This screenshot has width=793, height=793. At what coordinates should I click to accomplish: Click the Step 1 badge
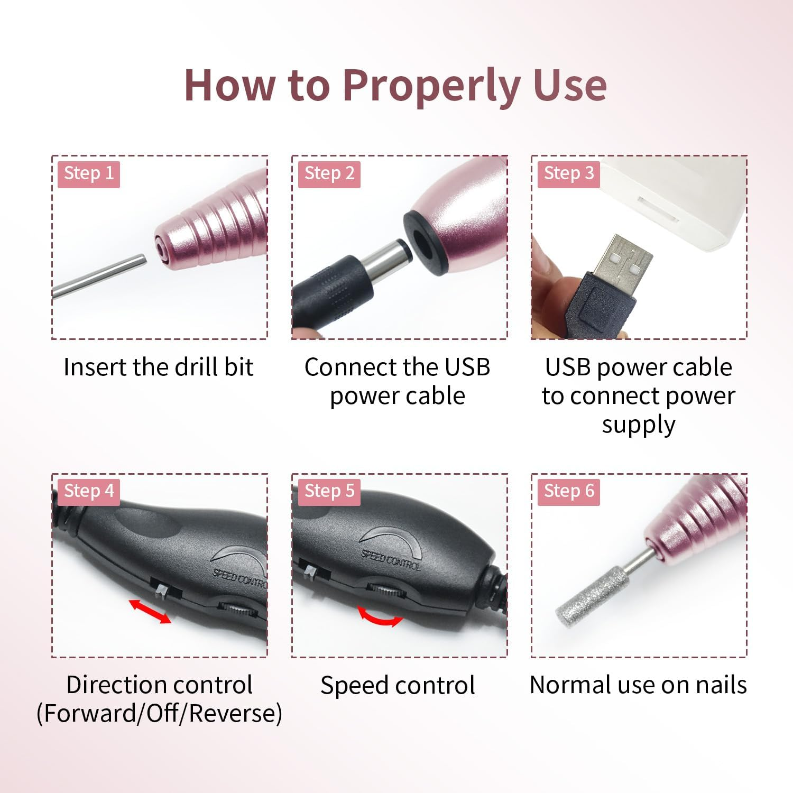(x=89, y=173)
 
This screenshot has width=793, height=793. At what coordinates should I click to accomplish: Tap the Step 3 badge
(x=569, y=173)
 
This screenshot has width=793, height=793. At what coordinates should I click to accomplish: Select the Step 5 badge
(x=329, y=491)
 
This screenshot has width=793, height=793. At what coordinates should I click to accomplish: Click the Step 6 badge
(x=569, y=491)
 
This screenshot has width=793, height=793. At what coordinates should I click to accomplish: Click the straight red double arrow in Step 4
(x=151, y=611)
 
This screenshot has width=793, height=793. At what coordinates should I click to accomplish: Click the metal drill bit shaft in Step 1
(x=100, y=276)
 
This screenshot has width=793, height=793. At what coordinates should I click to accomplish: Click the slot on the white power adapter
(x=658, y=209)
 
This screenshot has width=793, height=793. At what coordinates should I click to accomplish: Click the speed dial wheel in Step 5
(x=383, y=590)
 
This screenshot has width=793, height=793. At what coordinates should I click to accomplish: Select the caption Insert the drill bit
(x=159, y=367)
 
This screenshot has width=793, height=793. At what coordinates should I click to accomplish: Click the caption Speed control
(x=398, y=685)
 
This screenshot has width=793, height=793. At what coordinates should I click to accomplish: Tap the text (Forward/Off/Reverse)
(x=159, y=713)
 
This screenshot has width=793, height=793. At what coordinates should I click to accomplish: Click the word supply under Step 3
(x=639, y=425)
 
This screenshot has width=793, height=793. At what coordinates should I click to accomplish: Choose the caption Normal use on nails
(x=639, y=685)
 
